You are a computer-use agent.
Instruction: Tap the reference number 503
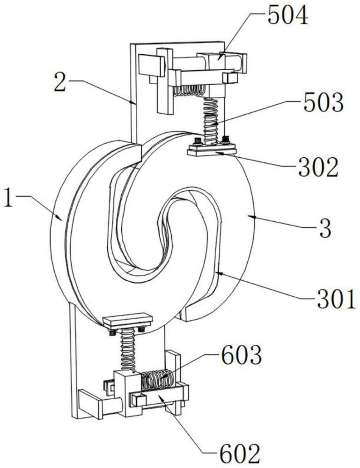coord(323,102)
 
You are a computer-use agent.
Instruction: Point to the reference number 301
coord(337,299)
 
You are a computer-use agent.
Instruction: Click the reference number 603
coord(241,355)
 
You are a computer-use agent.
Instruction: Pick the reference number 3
coord(325,228)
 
